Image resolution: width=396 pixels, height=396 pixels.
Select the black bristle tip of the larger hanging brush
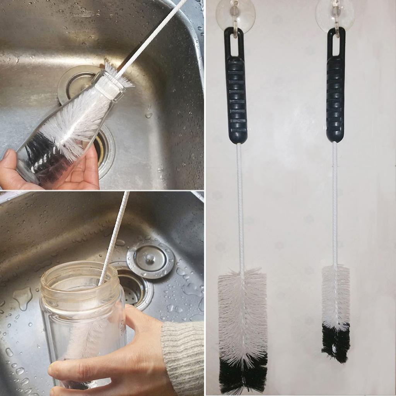click(x=243, y=373)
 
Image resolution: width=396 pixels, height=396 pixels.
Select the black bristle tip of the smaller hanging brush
click(x=335, y=342)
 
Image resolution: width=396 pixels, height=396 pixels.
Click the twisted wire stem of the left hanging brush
click(x=240, y=205)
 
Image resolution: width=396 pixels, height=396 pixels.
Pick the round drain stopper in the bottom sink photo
click(x=150, y=259)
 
